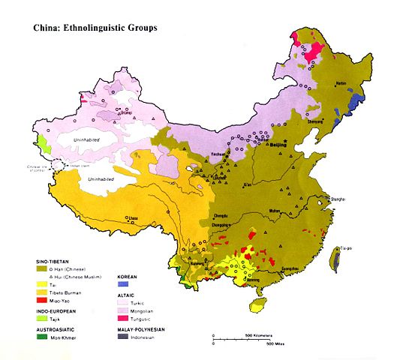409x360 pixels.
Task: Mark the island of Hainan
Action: point(259,304)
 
